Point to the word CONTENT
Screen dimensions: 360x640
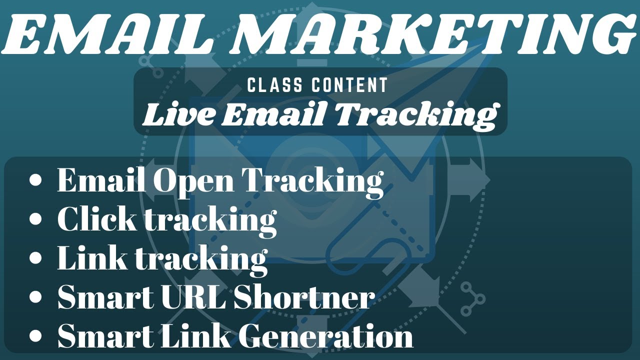(x=349, y=85)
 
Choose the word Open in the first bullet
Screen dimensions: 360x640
(x=192, y=181)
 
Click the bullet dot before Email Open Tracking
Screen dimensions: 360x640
(x=35, y=180)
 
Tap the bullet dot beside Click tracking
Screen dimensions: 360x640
(x=35, y=219)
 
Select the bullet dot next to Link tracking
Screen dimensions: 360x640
(x=35, y=258)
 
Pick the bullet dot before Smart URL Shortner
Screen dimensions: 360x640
(x=35, y=296)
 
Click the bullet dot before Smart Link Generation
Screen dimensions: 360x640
(x=35, y=335)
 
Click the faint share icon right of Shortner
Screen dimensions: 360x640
(x=471, y=298)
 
